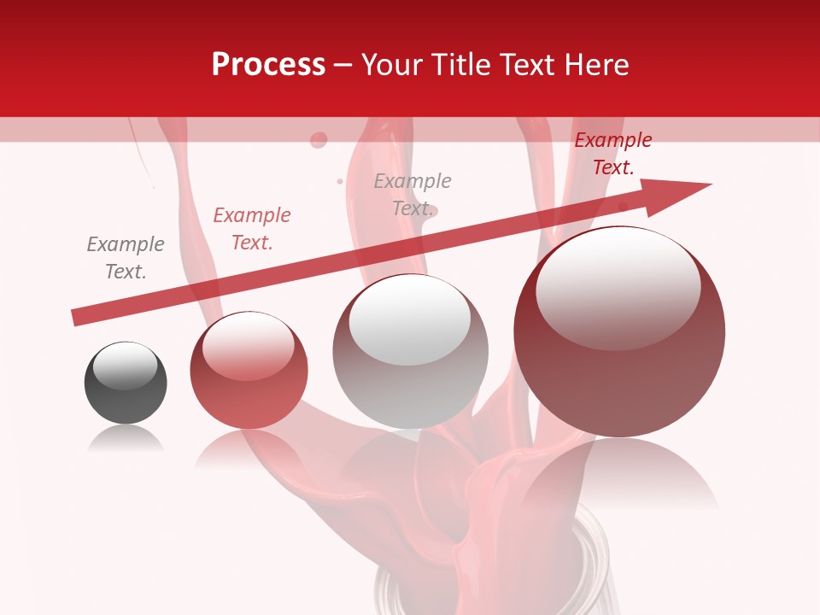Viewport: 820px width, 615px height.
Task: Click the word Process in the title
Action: [x=268, y=64]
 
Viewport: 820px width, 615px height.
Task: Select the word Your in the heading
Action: [x=394, y=64]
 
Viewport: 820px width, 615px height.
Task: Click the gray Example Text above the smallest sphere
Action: [x=126, y=258]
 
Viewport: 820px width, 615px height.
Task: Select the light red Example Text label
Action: [x=252, y=229]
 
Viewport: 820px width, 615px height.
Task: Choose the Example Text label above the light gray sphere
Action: [x=413, y=195]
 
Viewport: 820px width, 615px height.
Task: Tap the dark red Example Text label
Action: [x=612, y=154]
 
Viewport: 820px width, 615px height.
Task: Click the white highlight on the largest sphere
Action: [x=618, y=286]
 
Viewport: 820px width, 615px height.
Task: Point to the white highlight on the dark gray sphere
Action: [x=125, y=365]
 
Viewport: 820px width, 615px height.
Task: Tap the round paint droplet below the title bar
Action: [x=319, y=139]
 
